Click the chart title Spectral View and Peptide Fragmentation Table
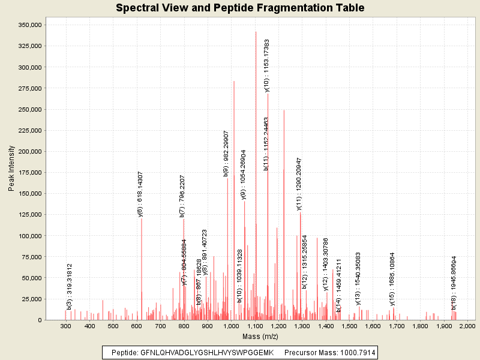240,8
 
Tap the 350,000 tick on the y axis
28,25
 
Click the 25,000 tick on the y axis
30,299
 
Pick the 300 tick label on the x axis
66,326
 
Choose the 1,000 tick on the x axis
231,326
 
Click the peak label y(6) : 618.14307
140,193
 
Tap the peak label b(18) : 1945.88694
454,283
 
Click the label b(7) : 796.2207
182,196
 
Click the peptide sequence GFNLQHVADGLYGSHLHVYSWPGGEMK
206,353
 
